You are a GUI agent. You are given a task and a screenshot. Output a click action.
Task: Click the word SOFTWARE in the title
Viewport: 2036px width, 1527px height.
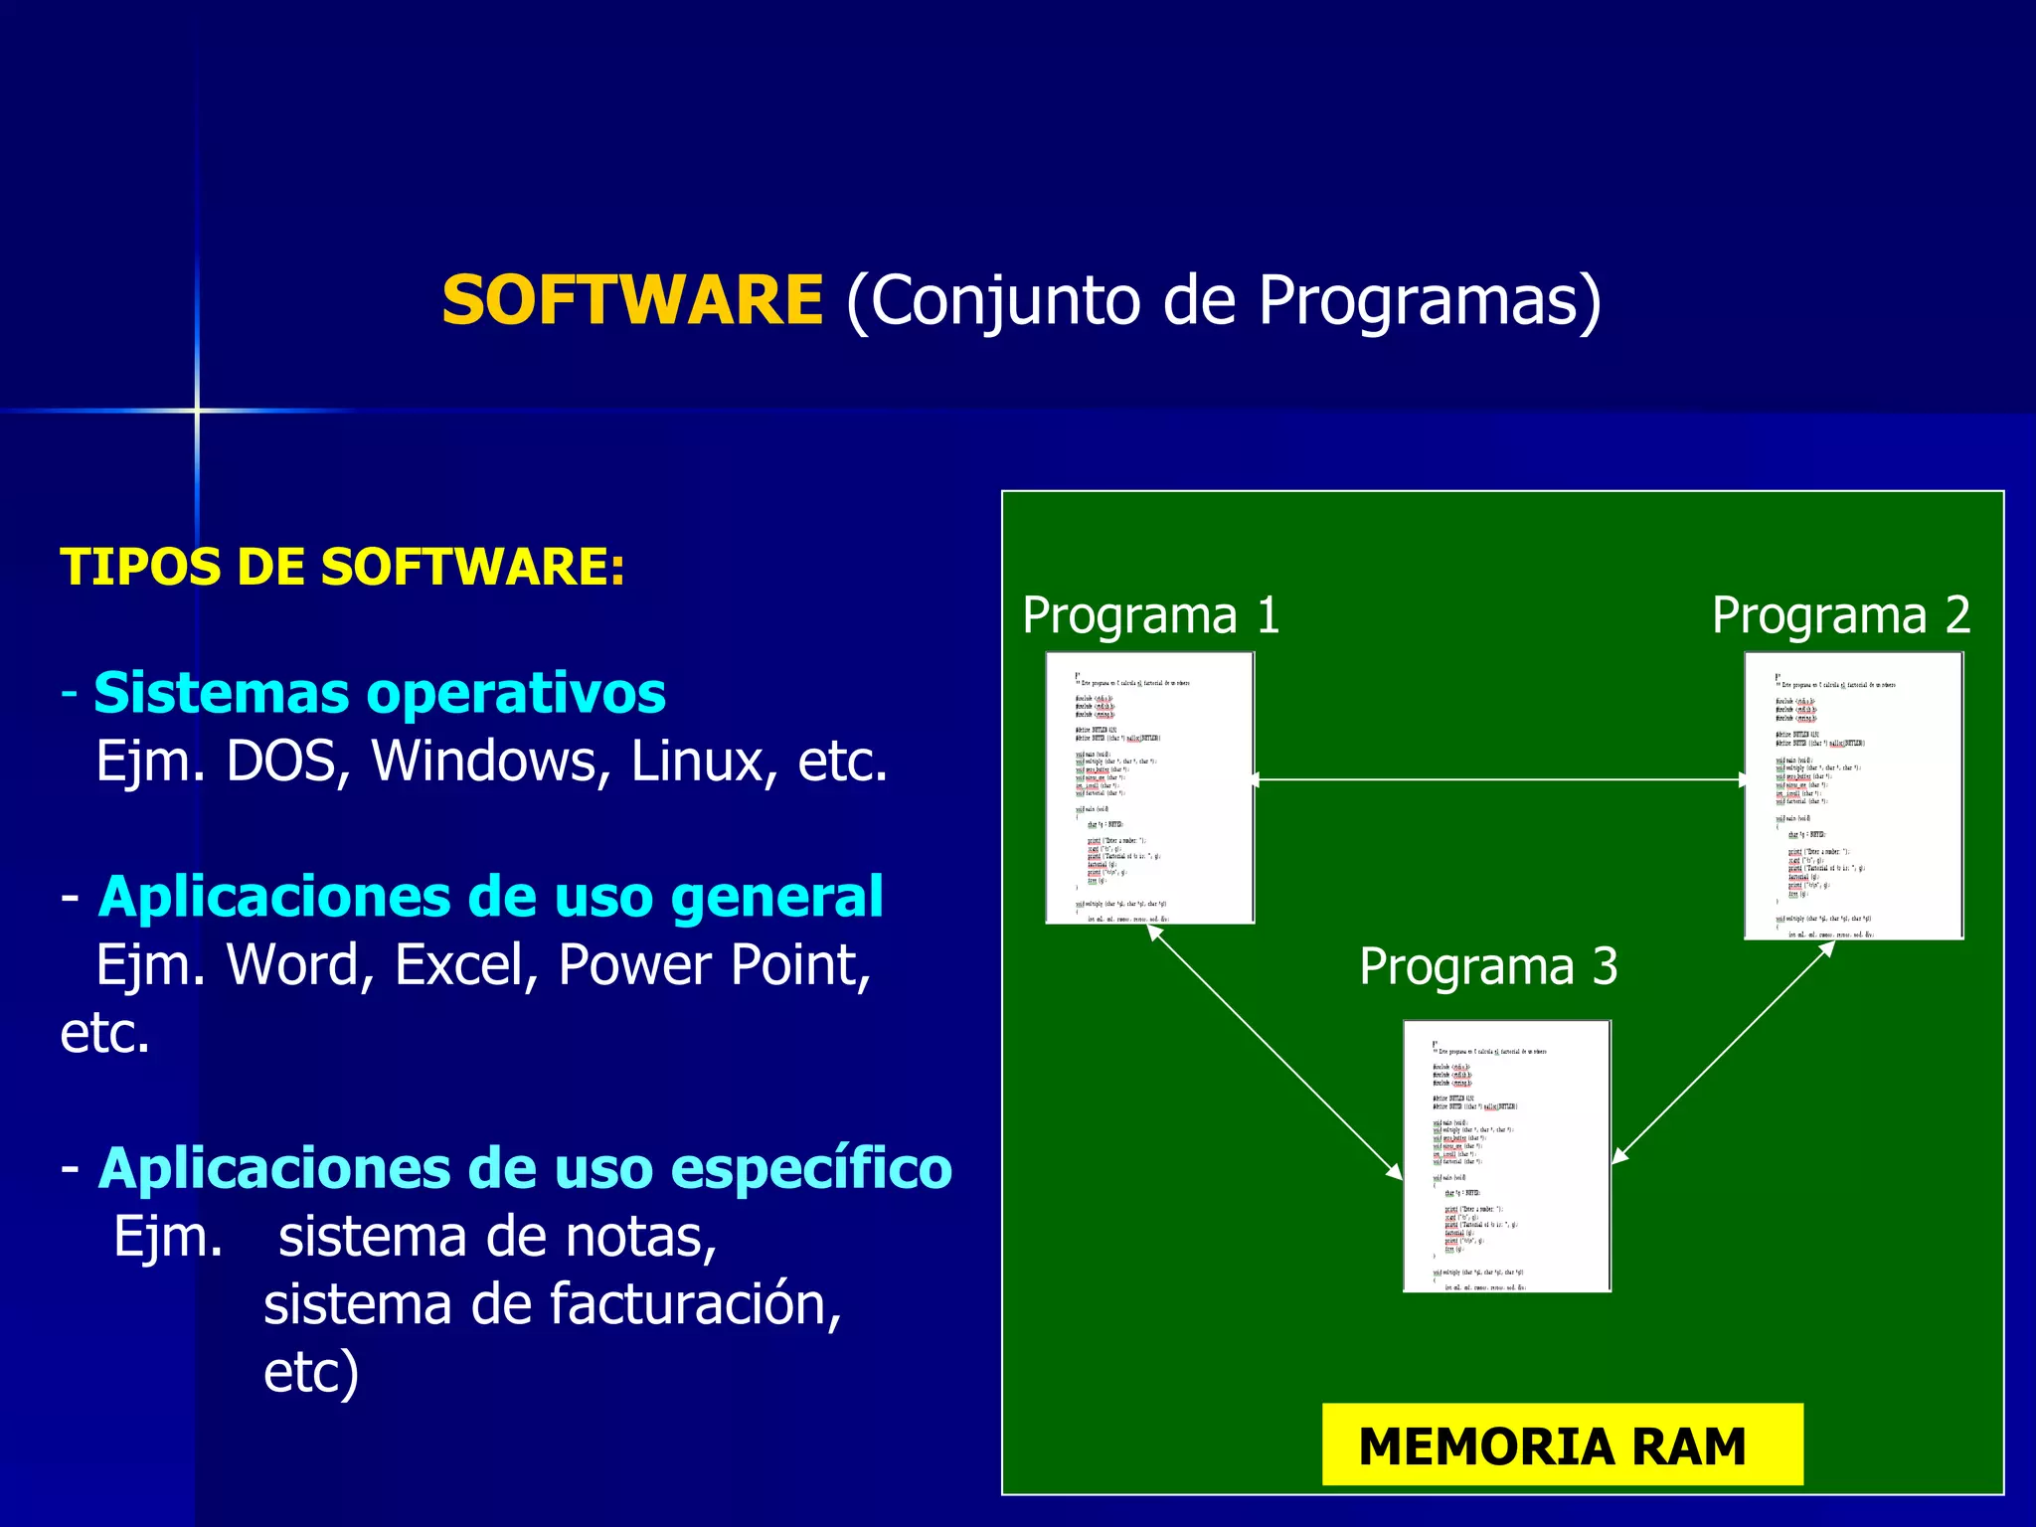point(632,300)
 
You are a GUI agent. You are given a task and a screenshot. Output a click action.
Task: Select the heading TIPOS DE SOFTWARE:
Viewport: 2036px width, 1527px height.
point(342,568)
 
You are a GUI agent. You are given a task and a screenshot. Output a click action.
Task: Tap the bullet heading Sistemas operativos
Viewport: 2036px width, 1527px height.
point(379,693)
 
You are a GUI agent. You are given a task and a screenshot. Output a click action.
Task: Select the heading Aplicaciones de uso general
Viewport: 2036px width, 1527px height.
point(490,897)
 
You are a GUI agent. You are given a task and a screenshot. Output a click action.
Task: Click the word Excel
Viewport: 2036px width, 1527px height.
point(465,965)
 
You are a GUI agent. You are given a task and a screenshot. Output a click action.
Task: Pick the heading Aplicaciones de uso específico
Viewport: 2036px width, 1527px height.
point(524,1168)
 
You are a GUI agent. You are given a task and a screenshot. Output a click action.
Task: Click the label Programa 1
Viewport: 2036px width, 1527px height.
point(1150,615)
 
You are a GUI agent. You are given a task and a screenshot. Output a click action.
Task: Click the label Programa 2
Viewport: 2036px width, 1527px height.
point(1840,615)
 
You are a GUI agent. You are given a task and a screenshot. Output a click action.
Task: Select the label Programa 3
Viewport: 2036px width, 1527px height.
point(1487,966)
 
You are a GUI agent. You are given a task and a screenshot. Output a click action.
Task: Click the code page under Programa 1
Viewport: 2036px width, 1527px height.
point(1149,787)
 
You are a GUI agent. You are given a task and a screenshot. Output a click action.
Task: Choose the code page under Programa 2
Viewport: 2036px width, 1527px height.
point(1853,795)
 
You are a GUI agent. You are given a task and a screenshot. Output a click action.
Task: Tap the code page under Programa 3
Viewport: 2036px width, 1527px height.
point(1506,1155)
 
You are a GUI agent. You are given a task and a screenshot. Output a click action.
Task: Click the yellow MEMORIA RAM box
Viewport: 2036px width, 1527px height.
point(1562,1444)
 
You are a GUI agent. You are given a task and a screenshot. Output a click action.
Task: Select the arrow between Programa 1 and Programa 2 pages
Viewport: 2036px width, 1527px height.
point(1499,779)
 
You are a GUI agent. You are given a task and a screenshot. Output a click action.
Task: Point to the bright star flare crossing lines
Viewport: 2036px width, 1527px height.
point(197,410)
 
